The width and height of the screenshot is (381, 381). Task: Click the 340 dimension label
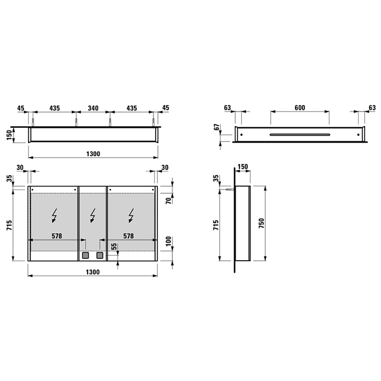point(93,109)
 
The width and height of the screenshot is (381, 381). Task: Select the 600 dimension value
point(299,108)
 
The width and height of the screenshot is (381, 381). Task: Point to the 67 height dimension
point(217,128)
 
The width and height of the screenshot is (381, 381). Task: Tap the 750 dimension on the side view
point(262,223)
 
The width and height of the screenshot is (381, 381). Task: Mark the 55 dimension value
point(113,247)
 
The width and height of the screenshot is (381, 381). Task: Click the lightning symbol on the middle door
point(93,217)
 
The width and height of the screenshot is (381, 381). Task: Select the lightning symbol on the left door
point(54,217)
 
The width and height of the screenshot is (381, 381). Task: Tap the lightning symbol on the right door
point(131,217)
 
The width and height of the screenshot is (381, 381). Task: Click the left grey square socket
point(85,255)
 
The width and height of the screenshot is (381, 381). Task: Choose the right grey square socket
point(100,255)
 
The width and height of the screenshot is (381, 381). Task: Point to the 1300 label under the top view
point(93,154)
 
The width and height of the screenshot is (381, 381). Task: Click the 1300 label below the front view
point(93,272)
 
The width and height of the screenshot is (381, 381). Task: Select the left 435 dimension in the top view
point(54,109)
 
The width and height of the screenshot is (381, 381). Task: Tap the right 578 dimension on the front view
point(129,236)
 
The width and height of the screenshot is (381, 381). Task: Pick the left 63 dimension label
point(228,108)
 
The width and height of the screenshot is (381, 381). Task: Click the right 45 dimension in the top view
point(166,109)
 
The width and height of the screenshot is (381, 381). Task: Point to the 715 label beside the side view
point(217,225)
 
